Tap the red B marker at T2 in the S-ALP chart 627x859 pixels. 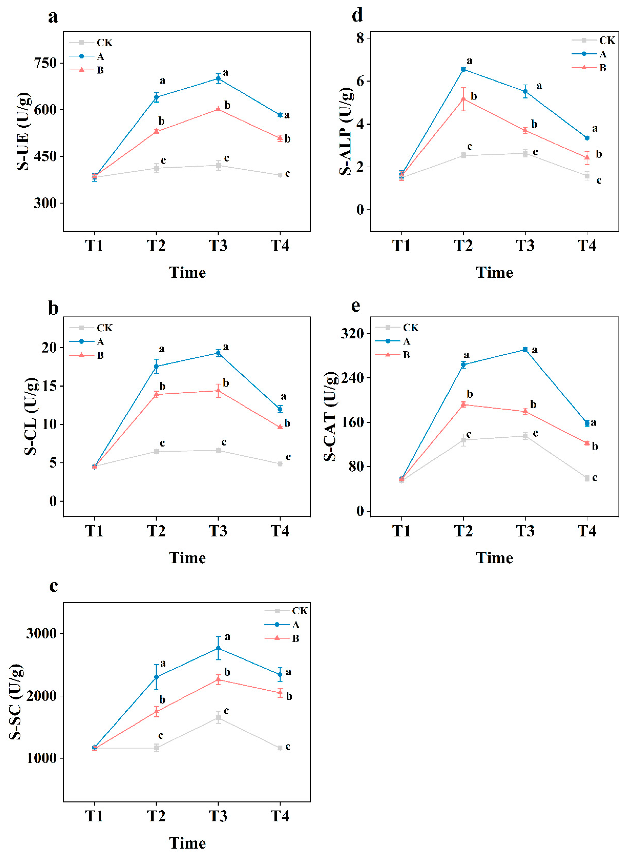[463, 99]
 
